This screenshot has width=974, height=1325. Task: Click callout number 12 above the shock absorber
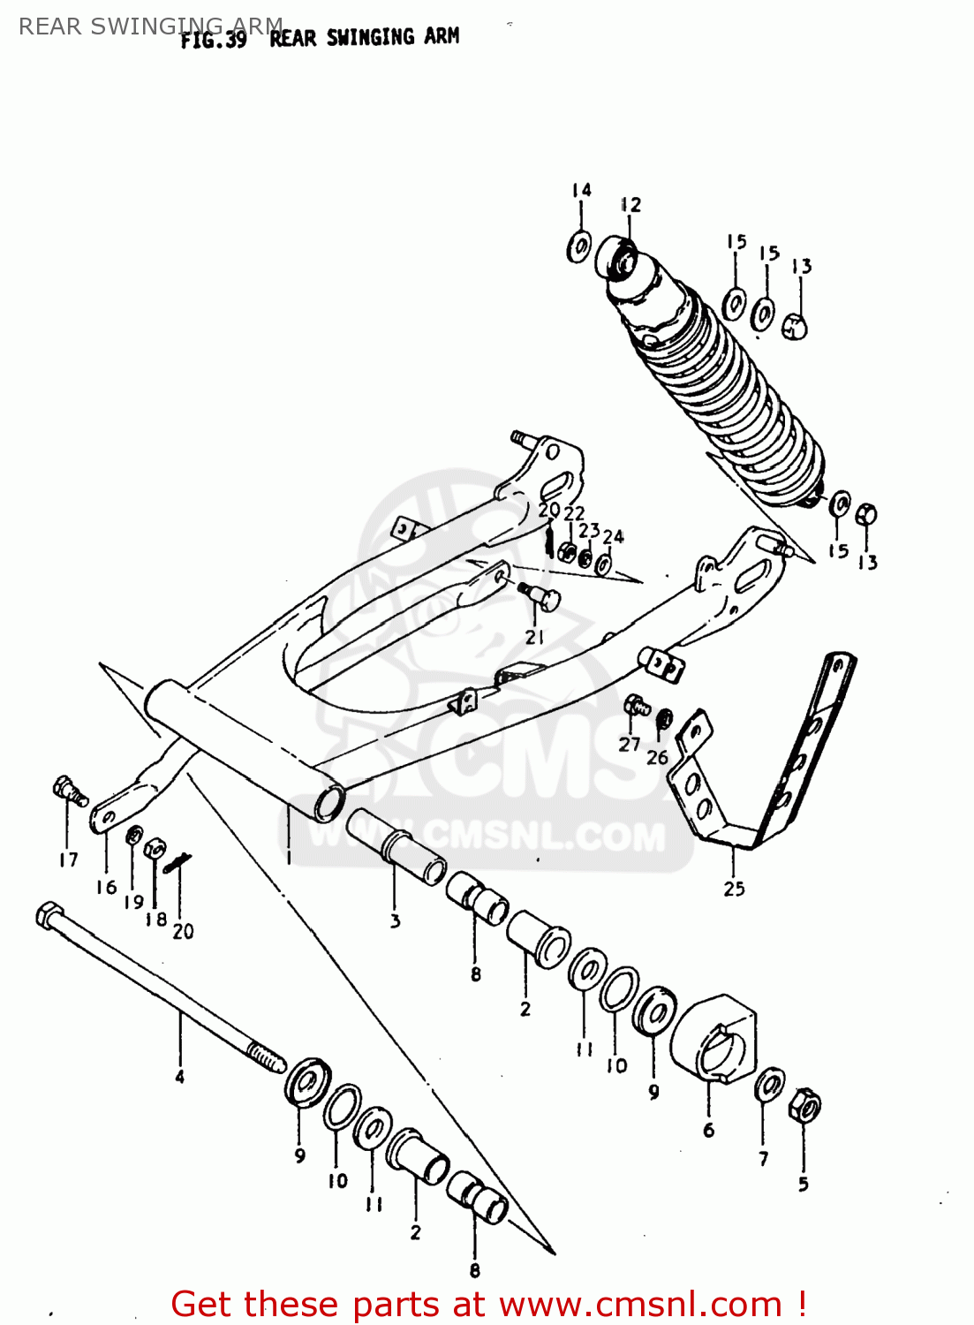pyautogui.click(x=630, y=205)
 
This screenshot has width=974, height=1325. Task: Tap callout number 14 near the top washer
pyautogui.click(x=581, y=190)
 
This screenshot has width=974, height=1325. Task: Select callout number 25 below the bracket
pyautogui.click(x=735, y=889)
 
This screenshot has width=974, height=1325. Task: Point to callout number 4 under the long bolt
pyautogui.click(x=180, y=1076)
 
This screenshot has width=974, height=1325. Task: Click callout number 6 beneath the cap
pyautogui.click(x=708, y=1130)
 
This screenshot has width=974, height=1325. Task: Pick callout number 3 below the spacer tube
pyautogui.click(x=395, y=920)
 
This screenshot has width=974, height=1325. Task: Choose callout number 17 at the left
pyautogui.click(x=69, y=859)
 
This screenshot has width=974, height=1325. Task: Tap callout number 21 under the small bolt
pyautogui.click(x=535, y=637)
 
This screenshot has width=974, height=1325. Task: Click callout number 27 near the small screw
pyautogui.click(x=629, y=744)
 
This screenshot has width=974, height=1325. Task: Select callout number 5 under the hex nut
pyautogui.click(x=803, y=1184)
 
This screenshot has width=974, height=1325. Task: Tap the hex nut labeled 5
pyautogui.click(x=805, y=1105)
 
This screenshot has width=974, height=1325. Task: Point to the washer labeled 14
pyautogui.click(x=579, y=246)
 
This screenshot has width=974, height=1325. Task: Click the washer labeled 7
pyautogui.click(x=770, y=1085)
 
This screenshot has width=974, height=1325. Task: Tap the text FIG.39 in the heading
pyautogui.click(x=213, y=40)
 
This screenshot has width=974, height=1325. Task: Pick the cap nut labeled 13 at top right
pyautogui.click(x=796, y=326)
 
